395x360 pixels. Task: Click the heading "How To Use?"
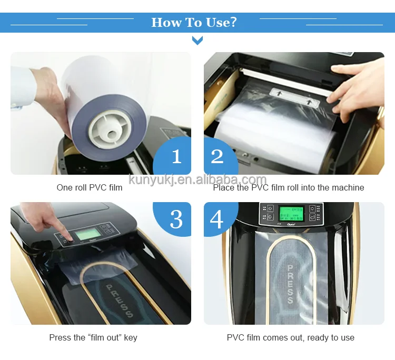click(x=194, y=23)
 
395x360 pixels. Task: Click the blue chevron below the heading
click(x=197, y=41)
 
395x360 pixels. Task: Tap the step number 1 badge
click(x=176, y=156)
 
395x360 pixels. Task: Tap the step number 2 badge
click(x=217, y=156)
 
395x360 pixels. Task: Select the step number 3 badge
click(x=176, y=219)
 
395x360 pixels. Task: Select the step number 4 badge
click(x=217, y=219)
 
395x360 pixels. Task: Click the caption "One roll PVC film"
click(x=90, y=187)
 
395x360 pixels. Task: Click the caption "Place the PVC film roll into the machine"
click(x=288, y=187)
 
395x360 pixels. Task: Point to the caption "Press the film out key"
click(x=93, y=337)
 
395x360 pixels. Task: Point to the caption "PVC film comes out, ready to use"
click(x=290, y=337)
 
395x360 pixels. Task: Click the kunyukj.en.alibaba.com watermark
click(x=197, y=179)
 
